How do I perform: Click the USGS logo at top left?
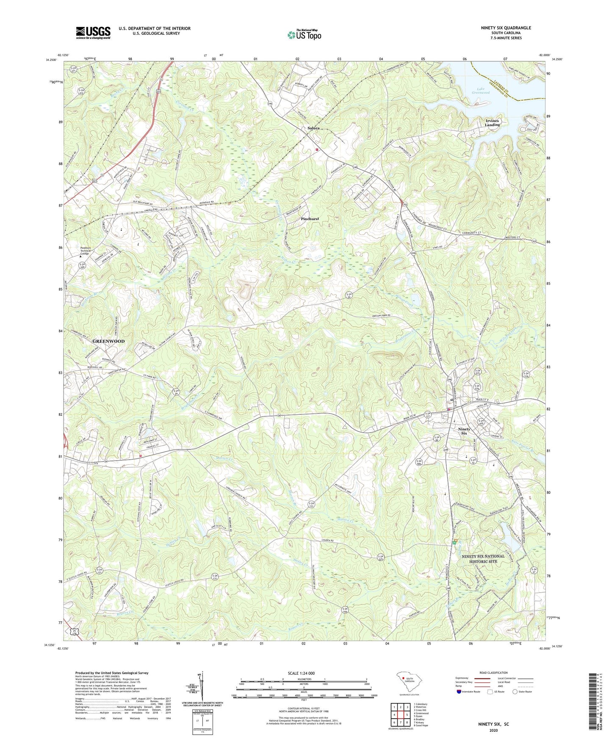click(x=93, y=33)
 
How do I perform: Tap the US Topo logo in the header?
click(x=304, y=35)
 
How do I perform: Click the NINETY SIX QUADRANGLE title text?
click(x=506, y=28)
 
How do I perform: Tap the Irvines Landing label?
click(x=492, y=123)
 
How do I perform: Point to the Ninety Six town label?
click(x=464, y=431)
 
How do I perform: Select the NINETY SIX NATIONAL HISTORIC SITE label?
click(x=483, y=559)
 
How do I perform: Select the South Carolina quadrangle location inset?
click(x=409, y=682)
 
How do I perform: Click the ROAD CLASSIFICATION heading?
click(x=494, y=673)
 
